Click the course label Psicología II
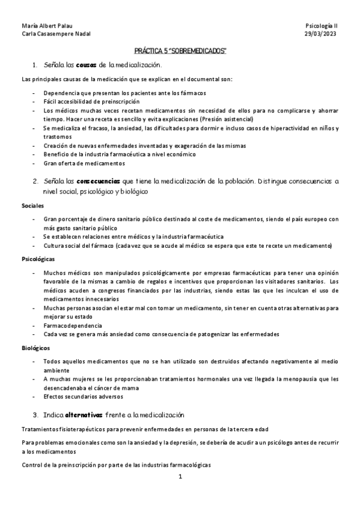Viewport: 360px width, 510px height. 322,26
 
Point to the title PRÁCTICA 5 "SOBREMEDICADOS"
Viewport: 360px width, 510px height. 180,52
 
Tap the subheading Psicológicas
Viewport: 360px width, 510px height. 38,259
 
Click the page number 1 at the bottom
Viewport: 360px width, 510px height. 180,477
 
